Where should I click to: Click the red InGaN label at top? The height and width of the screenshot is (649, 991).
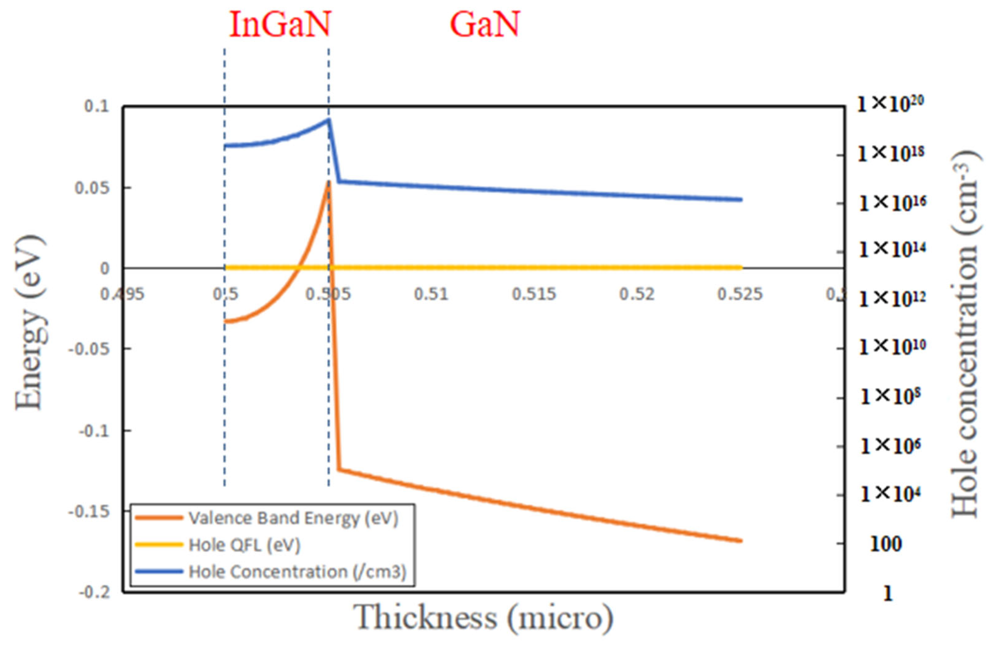pyautogui.click(x=280, y=25)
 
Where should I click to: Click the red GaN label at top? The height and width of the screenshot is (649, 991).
pyautogui.click(x=485, y=25)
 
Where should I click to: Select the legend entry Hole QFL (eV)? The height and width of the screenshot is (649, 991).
pyautogui.click(x=244, y=545)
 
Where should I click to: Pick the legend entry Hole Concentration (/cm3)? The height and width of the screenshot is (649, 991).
pyautogui.click(x=297, y=572)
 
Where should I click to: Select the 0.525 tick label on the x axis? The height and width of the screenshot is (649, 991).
pyautogui.click(x=740, y=294)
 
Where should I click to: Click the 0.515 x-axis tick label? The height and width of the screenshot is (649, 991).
pyautogui.click(x=534, y=294)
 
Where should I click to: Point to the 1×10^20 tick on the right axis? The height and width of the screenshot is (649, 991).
pyautogui.click(x=890, y=104)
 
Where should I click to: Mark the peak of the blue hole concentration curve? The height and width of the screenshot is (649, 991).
pyautogui.click(x=329, y=119)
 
